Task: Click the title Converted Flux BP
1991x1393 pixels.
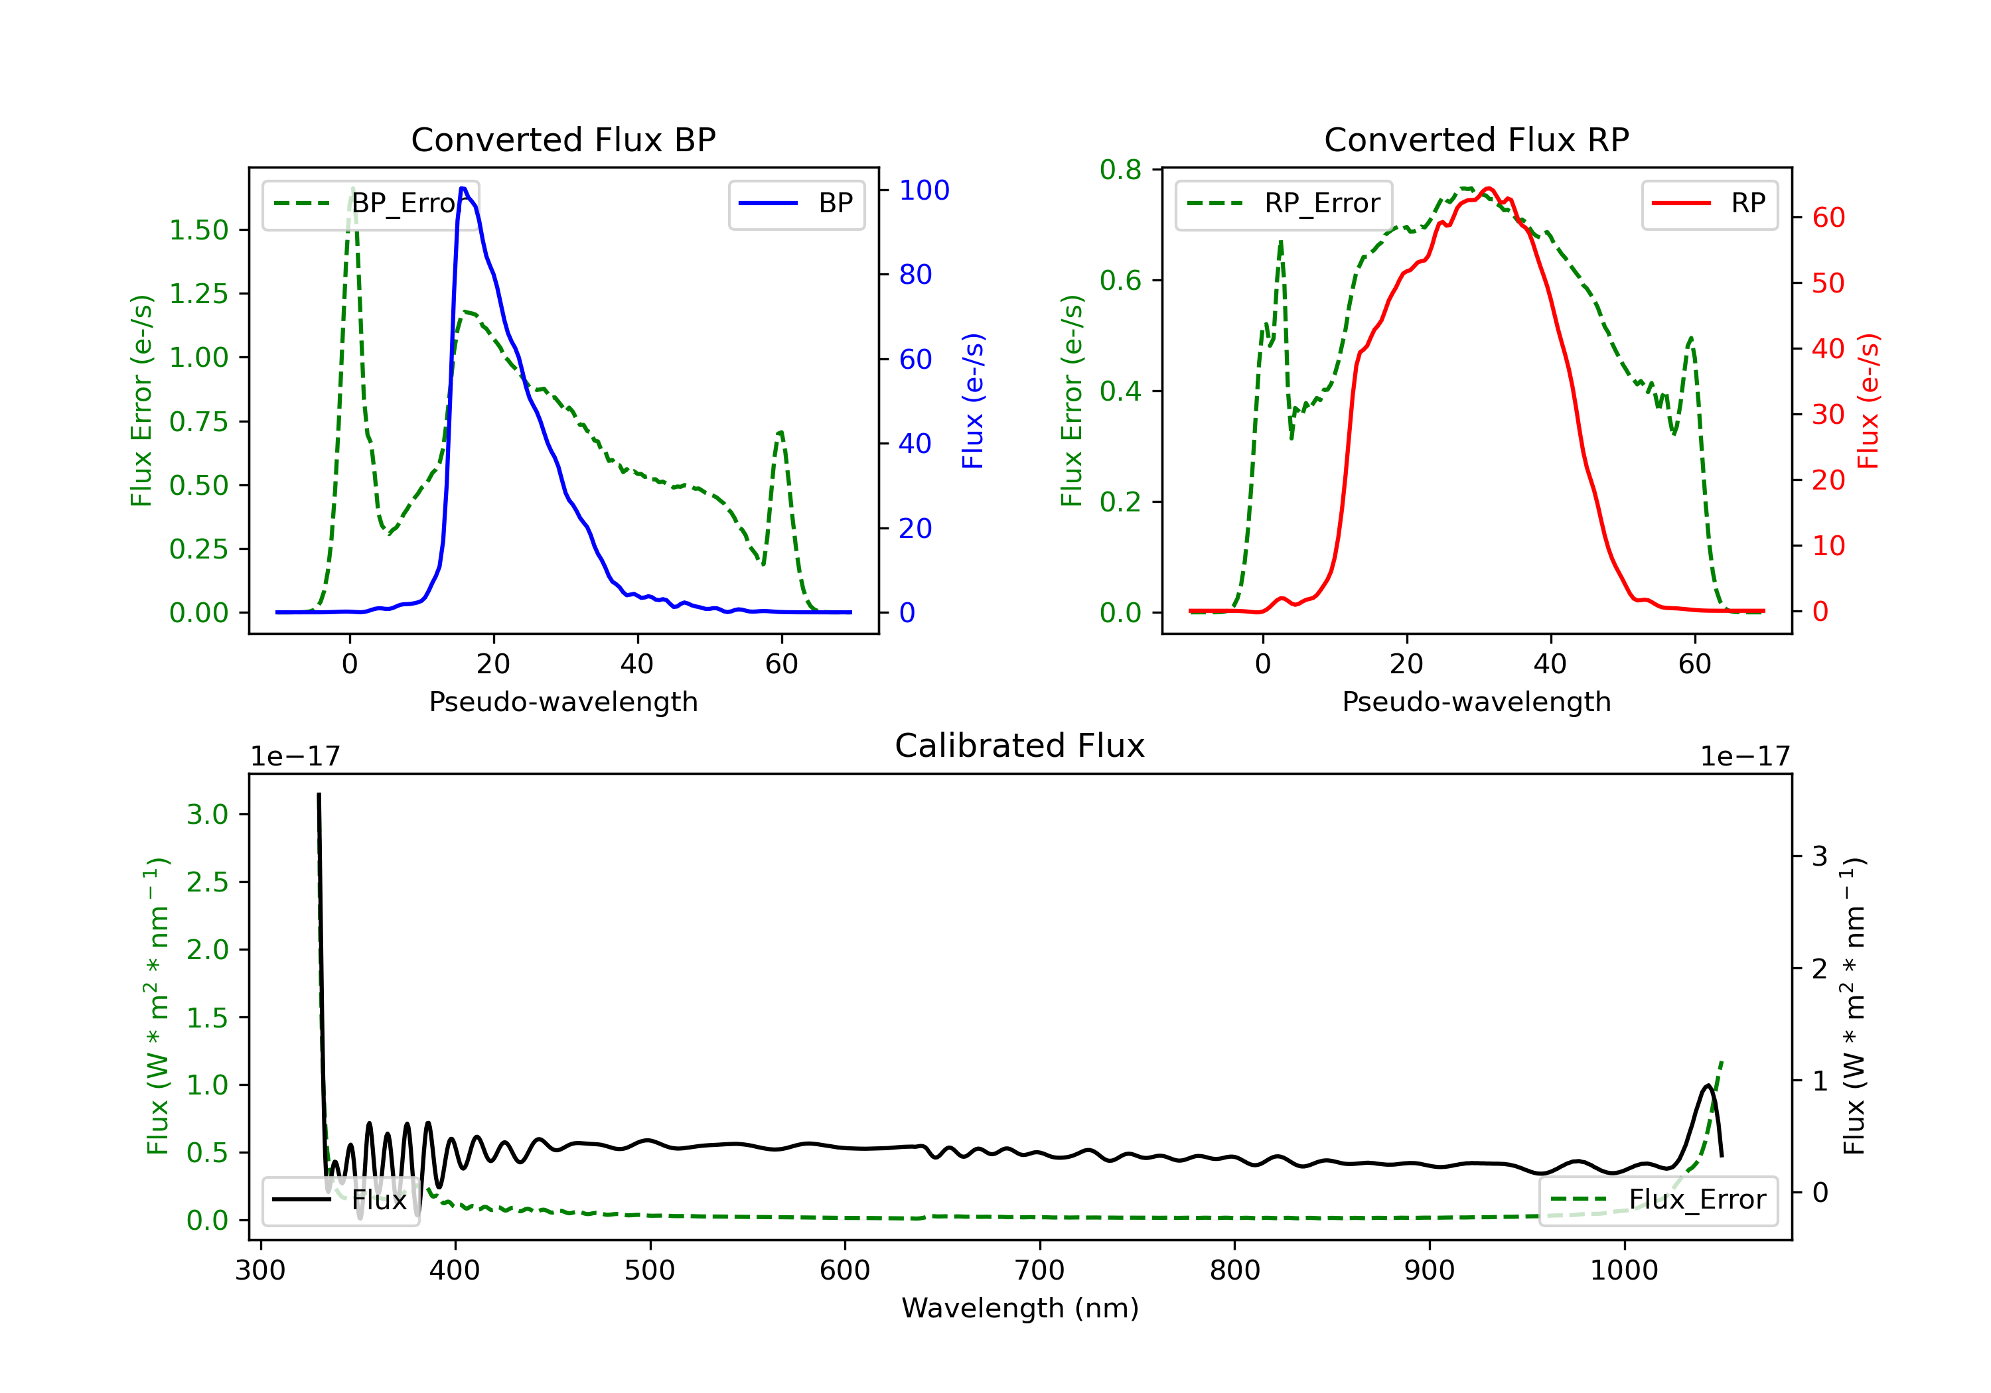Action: pos(563,139)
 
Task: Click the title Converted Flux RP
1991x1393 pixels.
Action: pos(1476,139)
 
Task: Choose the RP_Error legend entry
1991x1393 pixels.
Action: pos(1284,204)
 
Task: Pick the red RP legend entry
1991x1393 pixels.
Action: pos(1709,204)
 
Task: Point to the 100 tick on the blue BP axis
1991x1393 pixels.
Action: pos(924,190)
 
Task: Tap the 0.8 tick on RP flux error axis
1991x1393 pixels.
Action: pos(1120,170)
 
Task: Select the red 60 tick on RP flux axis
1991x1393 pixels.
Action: pos(1829,218)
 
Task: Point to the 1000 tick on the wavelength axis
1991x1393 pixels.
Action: pos(1623,1271)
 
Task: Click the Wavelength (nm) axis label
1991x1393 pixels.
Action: pos(1020,1308)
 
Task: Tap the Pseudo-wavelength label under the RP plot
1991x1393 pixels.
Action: pos(1476,701)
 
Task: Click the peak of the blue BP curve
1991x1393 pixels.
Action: pos(464,188)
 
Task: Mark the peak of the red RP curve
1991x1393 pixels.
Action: pos(1488,188)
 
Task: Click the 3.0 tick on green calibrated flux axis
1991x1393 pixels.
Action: pos(207,814)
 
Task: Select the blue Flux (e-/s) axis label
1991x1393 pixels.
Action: pos(973,401)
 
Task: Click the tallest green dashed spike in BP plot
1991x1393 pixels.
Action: pos(352,189)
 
